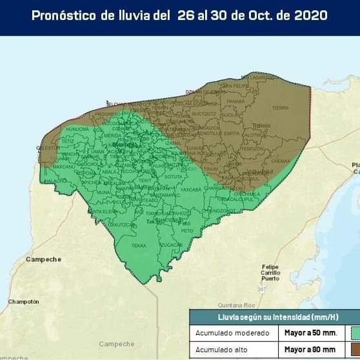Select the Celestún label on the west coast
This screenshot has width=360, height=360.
coord(48,147)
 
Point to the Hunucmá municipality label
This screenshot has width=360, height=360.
coord(77,128)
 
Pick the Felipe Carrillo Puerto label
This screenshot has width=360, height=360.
coord(270,273)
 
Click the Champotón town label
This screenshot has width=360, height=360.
coord(24,301)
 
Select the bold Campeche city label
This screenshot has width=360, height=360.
coord(43,259)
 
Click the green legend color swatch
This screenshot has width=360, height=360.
coord(355,333)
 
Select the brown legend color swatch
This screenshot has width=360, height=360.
coord(355,350)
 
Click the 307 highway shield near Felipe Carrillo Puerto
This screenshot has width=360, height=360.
coord(261,290)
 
